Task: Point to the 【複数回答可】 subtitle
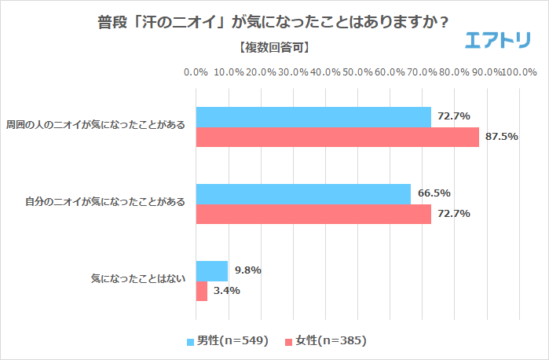273,48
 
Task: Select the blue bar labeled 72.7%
313,116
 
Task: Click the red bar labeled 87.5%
337,137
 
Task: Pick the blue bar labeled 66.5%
303,194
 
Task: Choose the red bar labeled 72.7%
313,214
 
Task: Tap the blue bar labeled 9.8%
211,271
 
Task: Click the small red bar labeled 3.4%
201,291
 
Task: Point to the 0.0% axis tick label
196,72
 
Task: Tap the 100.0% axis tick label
518,72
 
